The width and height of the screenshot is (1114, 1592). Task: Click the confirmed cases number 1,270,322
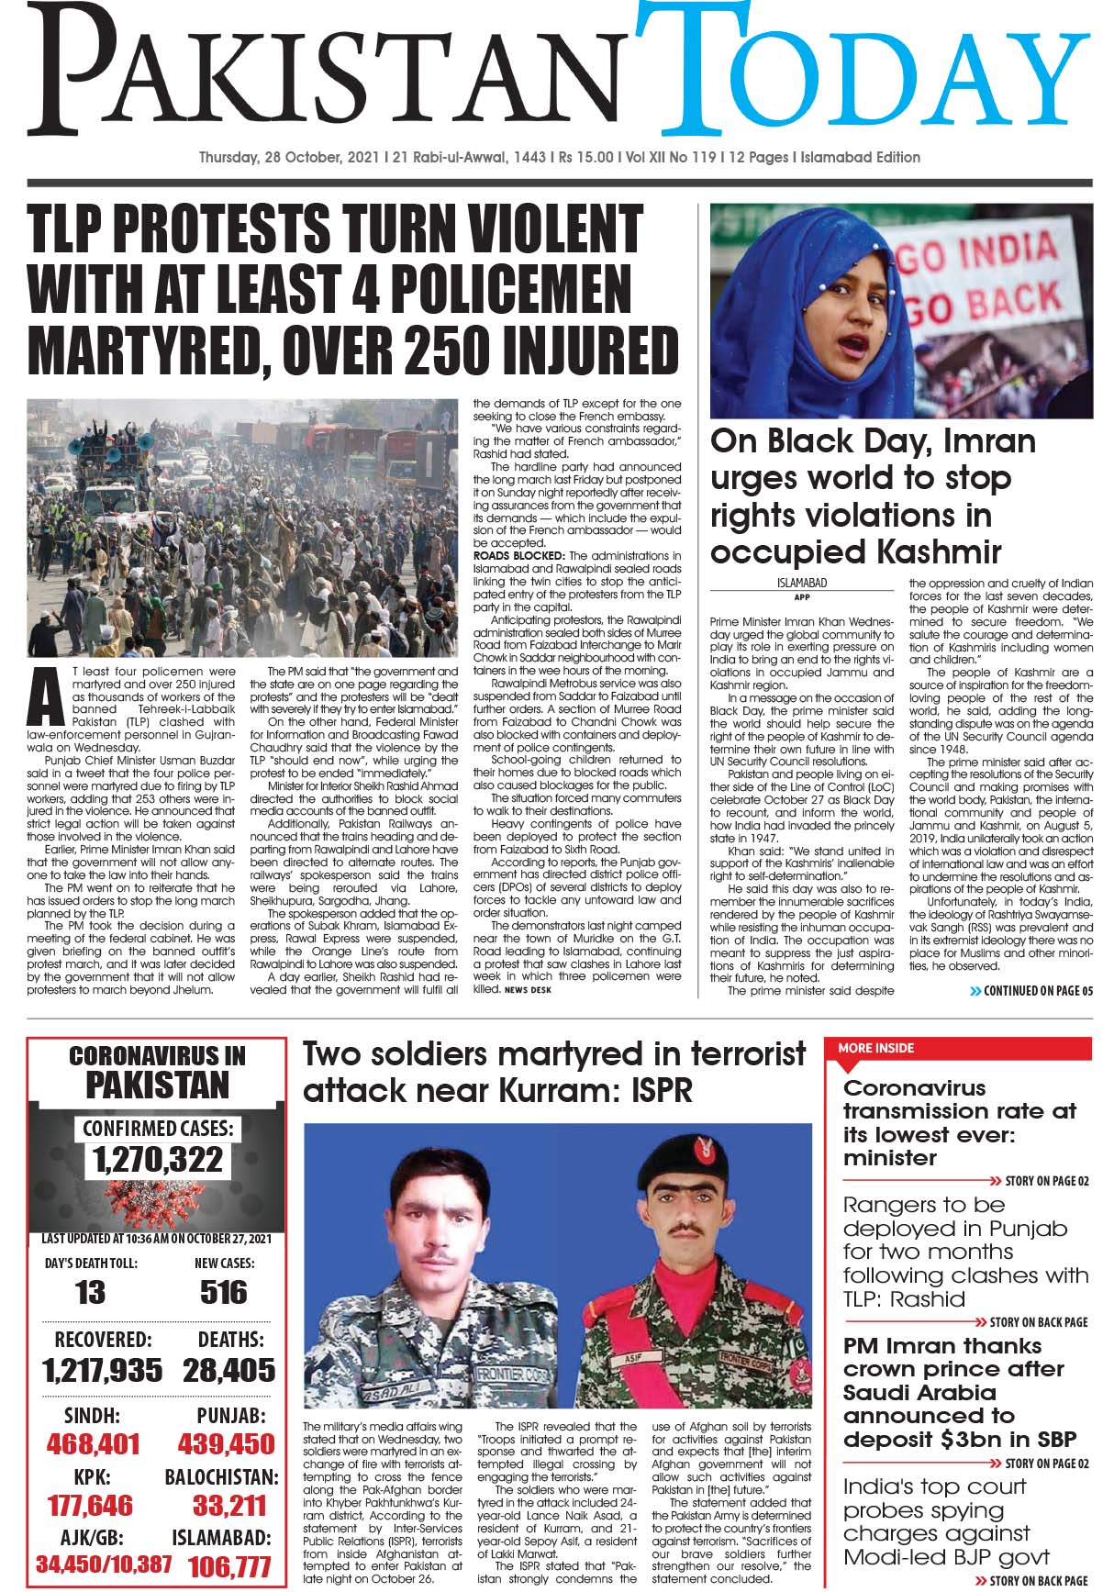click(x=158, y=1159)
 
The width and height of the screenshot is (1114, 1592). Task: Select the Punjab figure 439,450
click(x=226, y=1444)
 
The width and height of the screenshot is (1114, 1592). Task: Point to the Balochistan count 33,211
click(x=228, y=1506)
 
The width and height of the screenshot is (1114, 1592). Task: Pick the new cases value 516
click(x=223, y=1293)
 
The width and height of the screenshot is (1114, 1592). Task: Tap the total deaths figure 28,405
click(x=228, y=1371)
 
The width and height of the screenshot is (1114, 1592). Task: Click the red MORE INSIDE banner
click(x=877, y=1048)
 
